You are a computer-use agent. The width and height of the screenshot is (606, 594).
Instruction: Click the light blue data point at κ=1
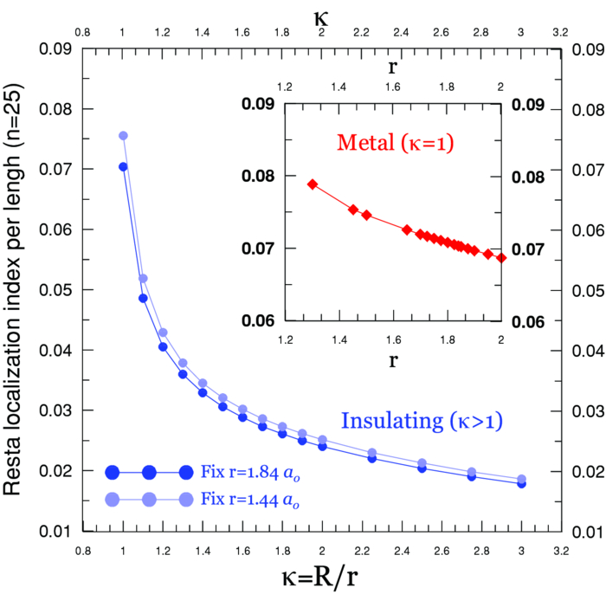[123, 136]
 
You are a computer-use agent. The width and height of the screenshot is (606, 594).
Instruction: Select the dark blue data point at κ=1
[123, 166]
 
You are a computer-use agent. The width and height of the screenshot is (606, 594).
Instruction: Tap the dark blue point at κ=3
[521, 483]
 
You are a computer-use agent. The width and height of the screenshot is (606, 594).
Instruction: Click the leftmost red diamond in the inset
[313, 184]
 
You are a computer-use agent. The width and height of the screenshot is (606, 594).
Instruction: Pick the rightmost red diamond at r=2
[501, 257]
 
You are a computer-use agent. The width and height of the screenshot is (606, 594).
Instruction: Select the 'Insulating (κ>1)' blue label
[422, 422]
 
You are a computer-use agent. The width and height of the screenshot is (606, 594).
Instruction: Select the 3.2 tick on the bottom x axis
[561, 548]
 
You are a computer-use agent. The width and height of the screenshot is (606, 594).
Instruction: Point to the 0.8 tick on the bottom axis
[82, 548]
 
